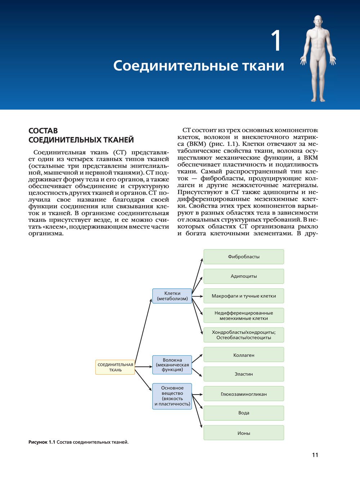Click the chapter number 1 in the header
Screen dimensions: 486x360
(x=276, y=41)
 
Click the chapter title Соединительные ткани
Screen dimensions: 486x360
(x=199, y=66)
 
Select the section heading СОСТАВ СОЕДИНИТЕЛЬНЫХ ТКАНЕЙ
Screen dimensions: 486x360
(x=81, y=135)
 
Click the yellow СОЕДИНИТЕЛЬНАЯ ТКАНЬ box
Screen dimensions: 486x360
(x=115, y=367)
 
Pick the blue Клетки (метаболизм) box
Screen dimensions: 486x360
(x=172, y=296)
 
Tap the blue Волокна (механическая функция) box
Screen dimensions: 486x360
(x=172, y=365)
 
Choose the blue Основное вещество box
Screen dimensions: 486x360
(x=172, y=396)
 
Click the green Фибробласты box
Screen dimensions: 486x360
(x=244, y=257)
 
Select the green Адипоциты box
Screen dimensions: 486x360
(x=244, y=276)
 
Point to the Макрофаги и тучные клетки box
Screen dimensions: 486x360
(x=244, y=296)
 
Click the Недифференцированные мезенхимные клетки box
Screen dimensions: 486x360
(x=244, y=316)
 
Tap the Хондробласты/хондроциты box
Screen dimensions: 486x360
(x=244, y=335)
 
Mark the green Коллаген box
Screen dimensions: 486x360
(x=244, y=355)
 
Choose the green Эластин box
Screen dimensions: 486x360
(x=244, y=374)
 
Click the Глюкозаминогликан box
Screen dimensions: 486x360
(x=244, y=394)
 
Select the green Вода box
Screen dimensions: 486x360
(x=244, y=413)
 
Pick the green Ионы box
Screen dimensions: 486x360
(x=244, y=433)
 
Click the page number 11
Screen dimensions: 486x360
(x=315, y=455)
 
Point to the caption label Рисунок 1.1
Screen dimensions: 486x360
(x=41, y=442)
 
